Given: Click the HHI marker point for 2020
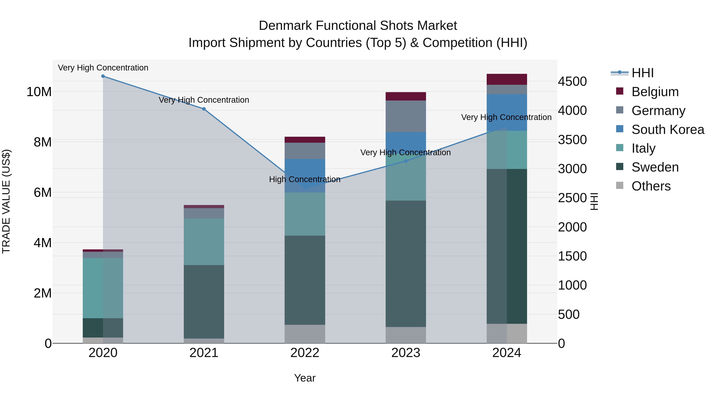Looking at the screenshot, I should pyautogui.click(x=103, y=76).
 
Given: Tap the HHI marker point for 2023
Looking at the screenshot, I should pyautogui.click(x=406, y=161).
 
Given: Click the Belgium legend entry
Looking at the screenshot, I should pyautogui.click(x=655, y=92).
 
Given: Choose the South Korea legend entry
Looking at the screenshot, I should pyautogui.click(x=668, y=130).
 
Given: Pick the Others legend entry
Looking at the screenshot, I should pyautogui.click(x=651, y=186).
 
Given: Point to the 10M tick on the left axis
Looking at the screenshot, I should pyautogui.click(x=39, y=92).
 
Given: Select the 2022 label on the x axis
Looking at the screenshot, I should pyautogui.click(x=305, y=353).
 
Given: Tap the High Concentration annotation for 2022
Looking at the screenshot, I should pyautogui.click(x=305, y=179).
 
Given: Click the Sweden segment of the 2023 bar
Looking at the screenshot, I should pyautogui.click(x=406, y=264).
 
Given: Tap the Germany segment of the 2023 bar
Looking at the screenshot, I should pyautogui.click(x=406, y=116).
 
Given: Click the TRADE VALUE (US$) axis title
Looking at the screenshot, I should pyautogui.click(x=6, y=201).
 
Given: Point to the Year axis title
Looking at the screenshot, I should pyautogui.click(x=305, y=378).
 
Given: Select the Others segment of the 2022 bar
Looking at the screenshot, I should pyautogui.click(x=305, y=334).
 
